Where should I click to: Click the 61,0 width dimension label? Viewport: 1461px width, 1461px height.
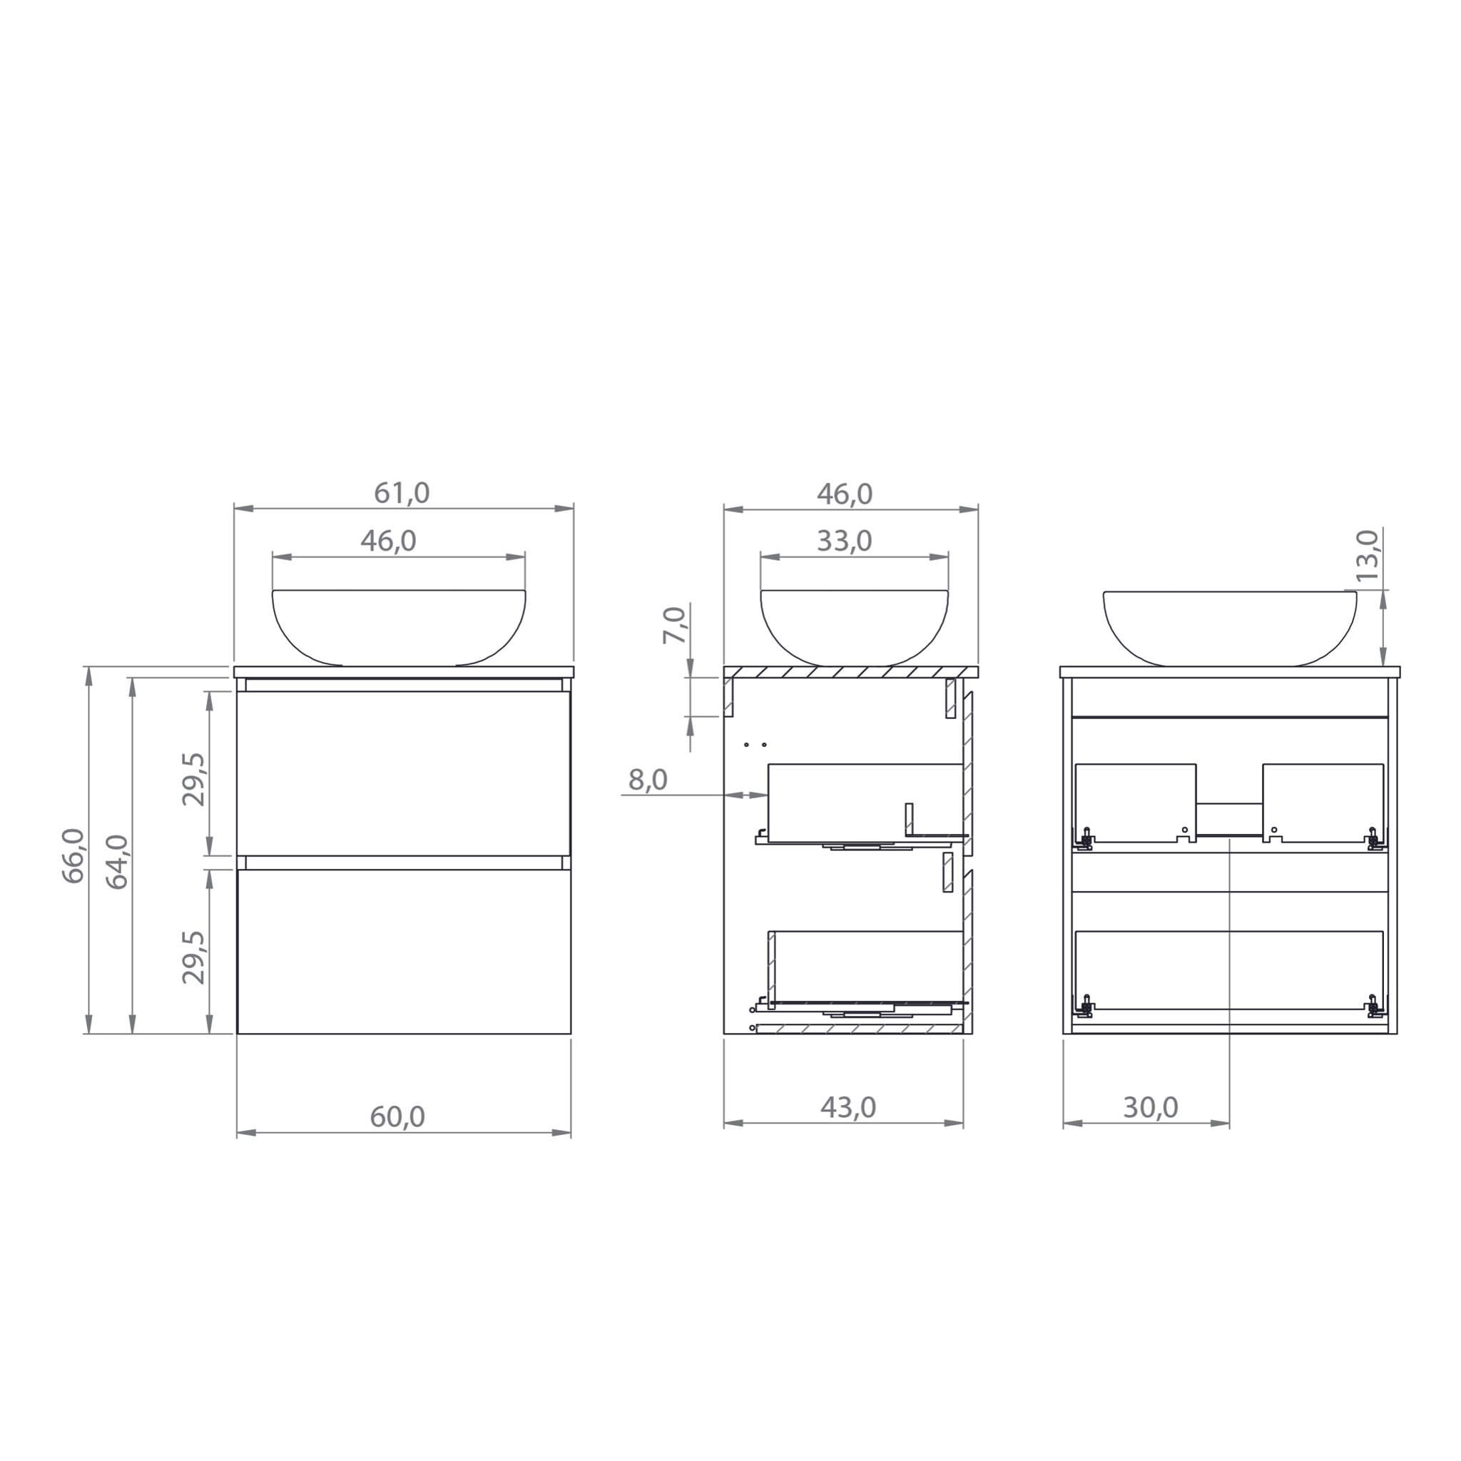pos(402,494)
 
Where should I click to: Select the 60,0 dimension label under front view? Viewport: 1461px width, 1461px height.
pos(397,1117)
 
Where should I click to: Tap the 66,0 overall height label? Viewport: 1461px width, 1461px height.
pos(74,855)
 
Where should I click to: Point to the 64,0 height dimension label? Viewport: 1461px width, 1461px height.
pos(117,861)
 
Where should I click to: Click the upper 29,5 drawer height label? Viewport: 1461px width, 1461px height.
pos(194,779)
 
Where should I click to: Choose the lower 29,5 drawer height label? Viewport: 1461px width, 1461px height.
pos(194,957)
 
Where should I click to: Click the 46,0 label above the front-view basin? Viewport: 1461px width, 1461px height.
pos(388,541)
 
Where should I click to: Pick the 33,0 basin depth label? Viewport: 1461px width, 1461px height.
pos(844,541)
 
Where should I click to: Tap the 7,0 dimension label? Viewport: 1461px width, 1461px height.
pos(675,625)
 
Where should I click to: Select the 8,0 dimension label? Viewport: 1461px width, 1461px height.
pos(648,780)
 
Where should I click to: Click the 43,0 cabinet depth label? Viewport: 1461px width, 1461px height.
pos(847,1108)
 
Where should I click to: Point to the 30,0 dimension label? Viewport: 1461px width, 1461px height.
pos(1150,1108)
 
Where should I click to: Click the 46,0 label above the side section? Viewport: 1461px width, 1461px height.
pos(844,494)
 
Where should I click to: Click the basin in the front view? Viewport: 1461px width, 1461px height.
pos(399,626)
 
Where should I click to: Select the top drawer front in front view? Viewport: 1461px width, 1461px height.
pos(404,773)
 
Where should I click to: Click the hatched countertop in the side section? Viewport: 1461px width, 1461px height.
pos(851,672)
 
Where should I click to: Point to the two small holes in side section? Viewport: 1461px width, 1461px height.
pos(755,745)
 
